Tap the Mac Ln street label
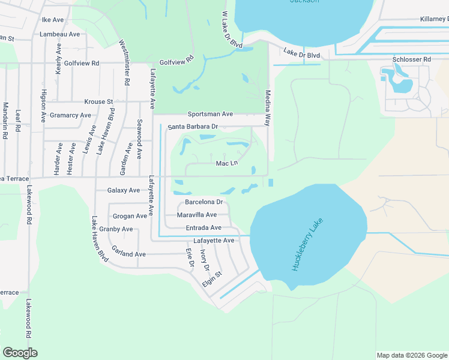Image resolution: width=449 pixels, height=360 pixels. pos(227,163)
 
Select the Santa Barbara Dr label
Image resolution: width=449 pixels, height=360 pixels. pos(192,127)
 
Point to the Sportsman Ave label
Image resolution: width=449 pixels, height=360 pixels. pos(210,113)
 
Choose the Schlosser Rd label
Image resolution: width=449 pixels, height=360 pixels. pos(411,59)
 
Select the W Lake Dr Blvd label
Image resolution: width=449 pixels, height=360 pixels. pos(232,30)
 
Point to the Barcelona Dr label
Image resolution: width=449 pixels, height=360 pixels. pos(203,202)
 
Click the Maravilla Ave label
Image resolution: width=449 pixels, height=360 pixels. pos(197,215)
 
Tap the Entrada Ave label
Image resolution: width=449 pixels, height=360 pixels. pos(203,227)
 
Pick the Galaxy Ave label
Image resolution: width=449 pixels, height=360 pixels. pos(123,190)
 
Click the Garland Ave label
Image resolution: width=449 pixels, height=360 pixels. pos(128,254)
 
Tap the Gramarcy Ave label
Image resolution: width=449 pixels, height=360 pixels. pos(70,115)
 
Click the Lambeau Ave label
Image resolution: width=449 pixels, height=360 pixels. pos(59,34)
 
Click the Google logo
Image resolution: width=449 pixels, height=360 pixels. pos(20,353)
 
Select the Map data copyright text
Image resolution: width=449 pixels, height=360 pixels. pos(412,355)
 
